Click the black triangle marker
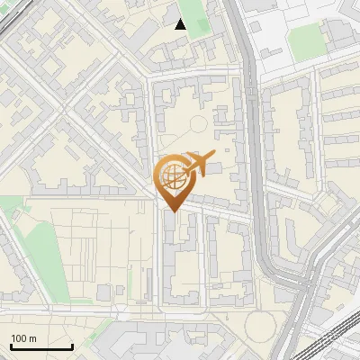click(x=181, y=24)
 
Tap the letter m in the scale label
click(x=32, y=338)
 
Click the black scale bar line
click(x=41, y=346)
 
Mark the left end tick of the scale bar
click(x=11, y=345)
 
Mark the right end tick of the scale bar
click(x=72, y=345)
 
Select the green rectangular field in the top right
click(x=306, y=38)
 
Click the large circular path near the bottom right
click(x=261, y=326)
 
